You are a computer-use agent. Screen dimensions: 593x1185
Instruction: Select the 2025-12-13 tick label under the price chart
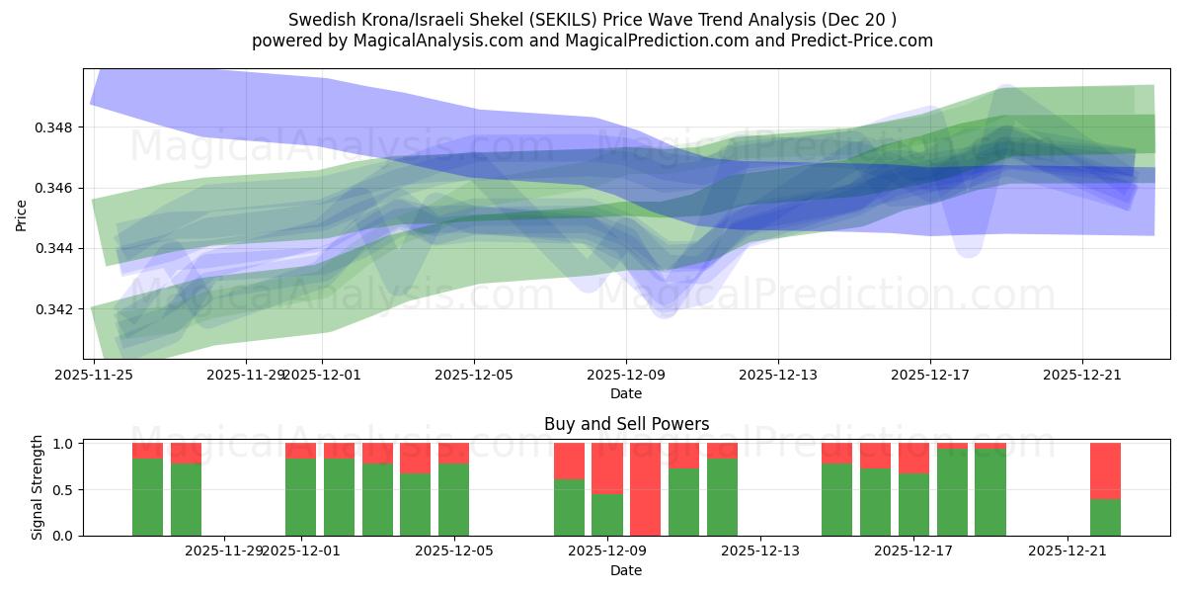(x=778, y=375)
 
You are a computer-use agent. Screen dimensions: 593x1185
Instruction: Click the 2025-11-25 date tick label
(x=94, y=375)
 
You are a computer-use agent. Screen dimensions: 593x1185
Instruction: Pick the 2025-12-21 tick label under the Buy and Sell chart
(x=1067, y=551)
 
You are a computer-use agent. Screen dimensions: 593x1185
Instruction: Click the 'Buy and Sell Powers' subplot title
(x=626, y=424)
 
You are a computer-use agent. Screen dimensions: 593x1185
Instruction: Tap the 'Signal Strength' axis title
(x=37, y=487)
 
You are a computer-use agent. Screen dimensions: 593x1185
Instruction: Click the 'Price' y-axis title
(x=22, y=214)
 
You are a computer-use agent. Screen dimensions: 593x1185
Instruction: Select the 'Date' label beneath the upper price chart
(x=626, y=393)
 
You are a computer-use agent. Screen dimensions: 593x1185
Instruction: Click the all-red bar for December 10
(x=645, y=489)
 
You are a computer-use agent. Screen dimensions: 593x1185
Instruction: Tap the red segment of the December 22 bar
(x=1105, y=470)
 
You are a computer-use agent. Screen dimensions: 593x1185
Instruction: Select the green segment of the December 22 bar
(x=1105, y=517)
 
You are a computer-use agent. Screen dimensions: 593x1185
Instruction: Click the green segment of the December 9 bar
(x=607, y=515)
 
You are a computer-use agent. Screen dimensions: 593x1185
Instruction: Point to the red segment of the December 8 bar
(x=569, y=461)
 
